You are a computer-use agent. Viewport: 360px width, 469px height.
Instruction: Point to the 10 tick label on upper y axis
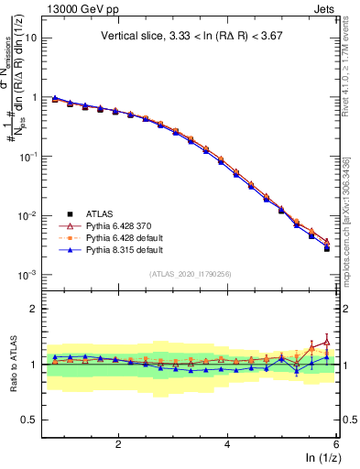(x=29, y=38)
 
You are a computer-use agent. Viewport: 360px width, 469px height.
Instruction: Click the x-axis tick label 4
(x=227, y=445)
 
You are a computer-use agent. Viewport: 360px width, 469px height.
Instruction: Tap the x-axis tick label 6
(x=336, y=445)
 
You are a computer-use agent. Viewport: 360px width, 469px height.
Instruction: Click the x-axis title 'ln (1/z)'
(x=322, y=459)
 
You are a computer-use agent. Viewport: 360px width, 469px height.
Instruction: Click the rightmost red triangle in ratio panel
(x=327, y=342)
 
